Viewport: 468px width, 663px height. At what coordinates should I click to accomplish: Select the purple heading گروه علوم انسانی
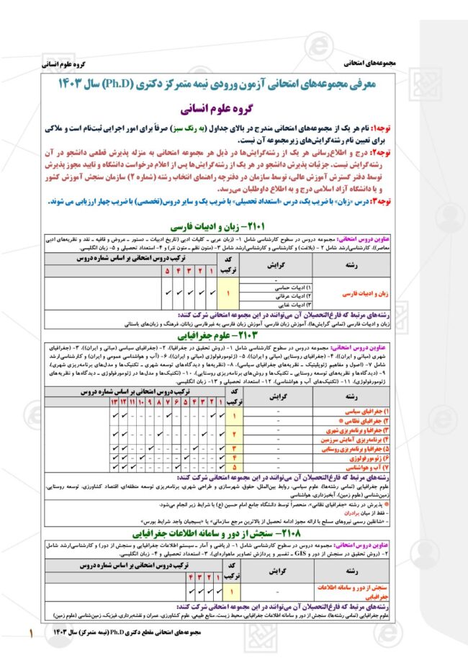[x=233, y=110]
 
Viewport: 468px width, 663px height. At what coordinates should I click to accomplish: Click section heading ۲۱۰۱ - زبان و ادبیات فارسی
[x=233, y=226]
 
